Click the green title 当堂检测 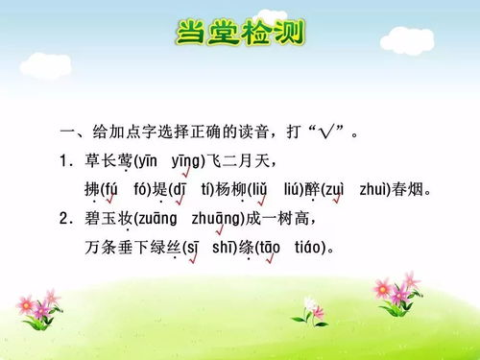tap(240, 34)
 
